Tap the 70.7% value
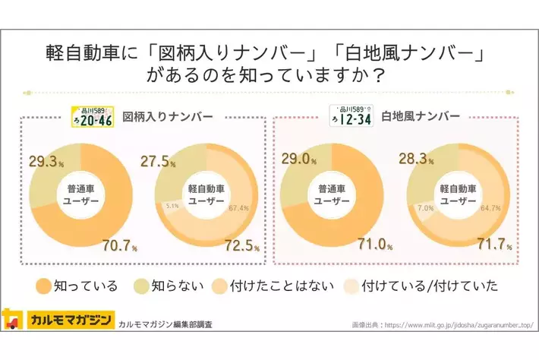(118, 245)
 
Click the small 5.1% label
(172, 205)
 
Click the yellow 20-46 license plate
(92, 116)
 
